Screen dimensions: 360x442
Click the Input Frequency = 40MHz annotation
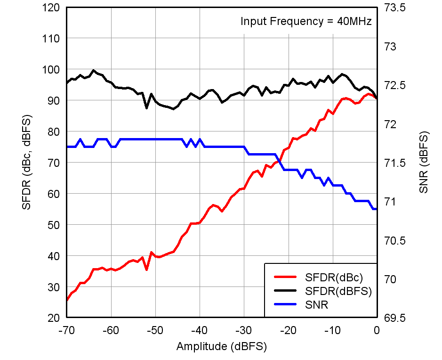(x=306, y=21)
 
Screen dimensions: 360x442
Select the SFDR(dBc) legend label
(x=334, y=277)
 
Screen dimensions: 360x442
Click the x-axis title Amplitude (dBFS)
(x=221, y=347)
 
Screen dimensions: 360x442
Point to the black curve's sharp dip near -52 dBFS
(x=147, y=108)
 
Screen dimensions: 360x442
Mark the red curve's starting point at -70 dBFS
(x=67, y=300)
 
